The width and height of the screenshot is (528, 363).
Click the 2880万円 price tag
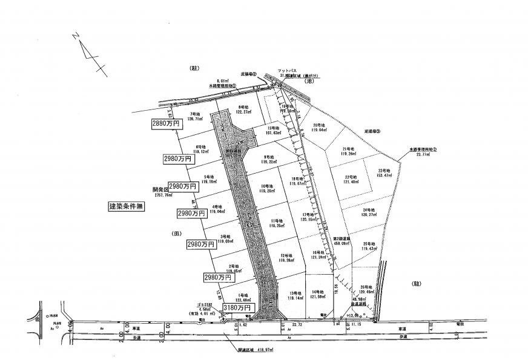166,123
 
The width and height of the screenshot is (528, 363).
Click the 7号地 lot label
195,114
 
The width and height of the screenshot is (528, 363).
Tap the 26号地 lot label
366,287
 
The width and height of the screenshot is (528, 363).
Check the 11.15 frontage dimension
357,325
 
